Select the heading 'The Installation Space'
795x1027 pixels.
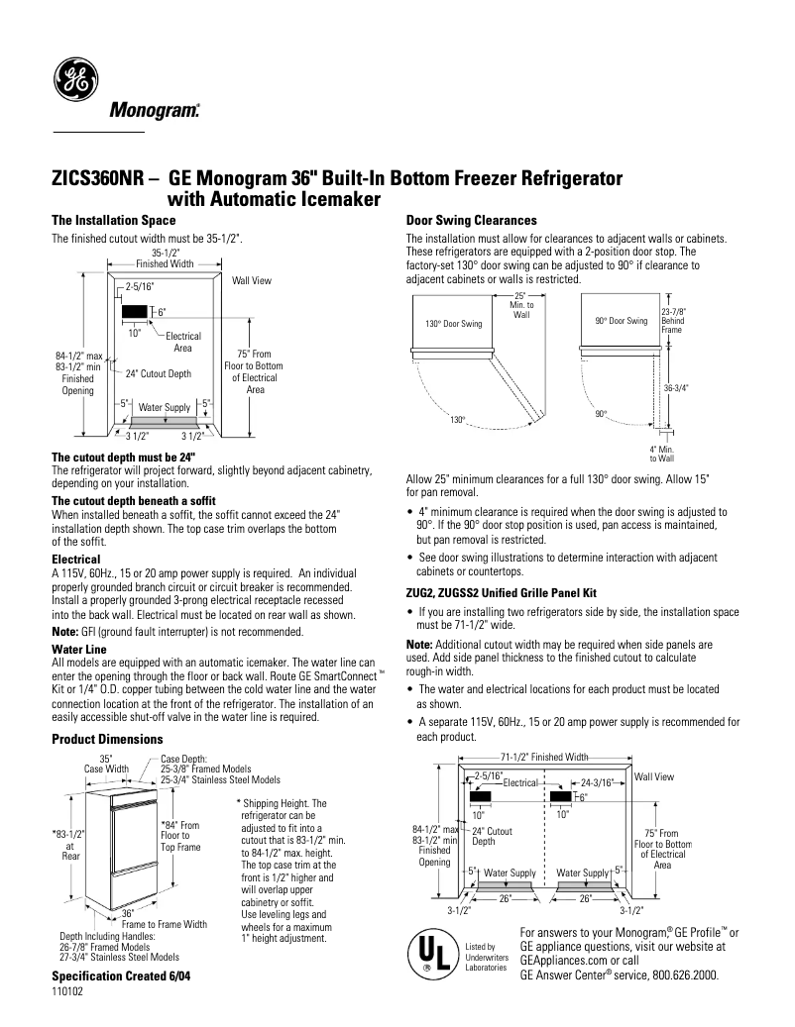click(113, 220)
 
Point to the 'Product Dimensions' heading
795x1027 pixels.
click(106, 739)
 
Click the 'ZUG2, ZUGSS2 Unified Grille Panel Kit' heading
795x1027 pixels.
click(502, 592)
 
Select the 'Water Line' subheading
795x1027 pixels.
click(78, 649)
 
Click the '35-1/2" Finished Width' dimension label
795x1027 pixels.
click(165, 258)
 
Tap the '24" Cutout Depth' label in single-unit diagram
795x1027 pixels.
click(159, 374)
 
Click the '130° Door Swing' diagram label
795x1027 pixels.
click(453, 324)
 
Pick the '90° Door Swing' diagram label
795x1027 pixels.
click(621, 321)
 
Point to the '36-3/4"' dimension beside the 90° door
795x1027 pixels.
click(676, 388)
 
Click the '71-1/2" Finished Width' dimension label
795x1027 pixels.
click(543, 756)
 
